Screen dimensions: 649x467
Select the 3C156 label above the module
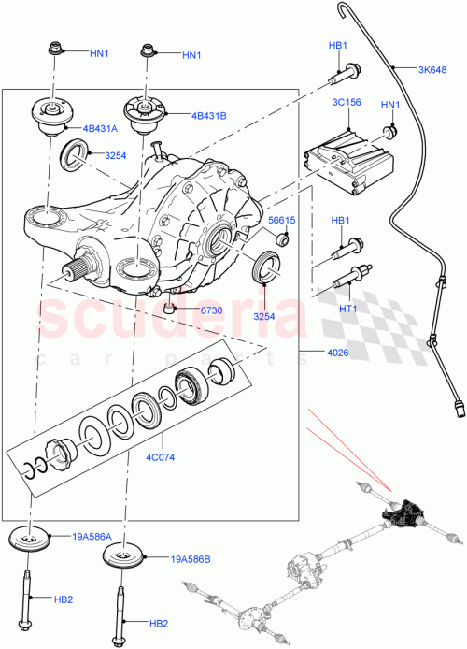[347, 105]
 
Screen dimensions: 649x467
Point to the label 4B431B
[208, 117]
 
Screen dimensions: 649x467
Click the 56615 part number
[281, 221]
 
